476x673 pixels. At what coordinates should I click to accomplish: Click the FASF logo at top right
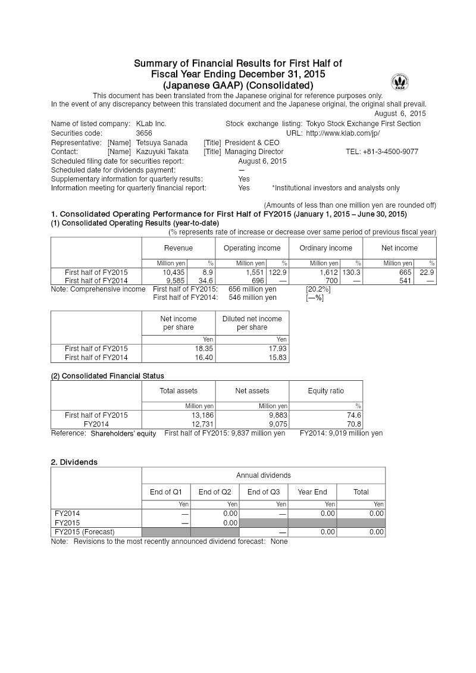point(399,83)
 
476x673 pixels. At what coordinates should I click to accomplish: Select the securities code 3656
point(144,133)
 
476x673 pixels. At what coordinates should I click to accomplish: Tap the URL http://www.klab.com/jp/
point(343,133)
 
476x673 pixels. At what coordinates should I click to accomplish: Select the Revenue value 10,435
point(174,272)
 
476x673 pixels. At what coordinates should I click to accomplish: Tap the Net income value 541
point(406,280)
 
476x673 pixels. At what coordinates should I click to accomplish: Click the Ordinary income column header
point(325,248)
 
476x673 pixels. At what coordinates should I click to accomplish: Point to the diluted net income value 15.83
point(277,358)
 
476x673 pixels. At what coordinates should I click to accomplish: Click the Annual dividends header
point(263,475)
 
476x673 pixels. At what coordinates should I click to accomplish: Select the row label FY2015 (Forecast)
point(84,532)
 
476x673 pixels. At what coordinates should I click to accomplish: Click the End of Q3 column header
point(263,492)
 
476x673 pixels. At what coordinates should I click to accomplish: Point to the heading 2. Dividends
point(74,462)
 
